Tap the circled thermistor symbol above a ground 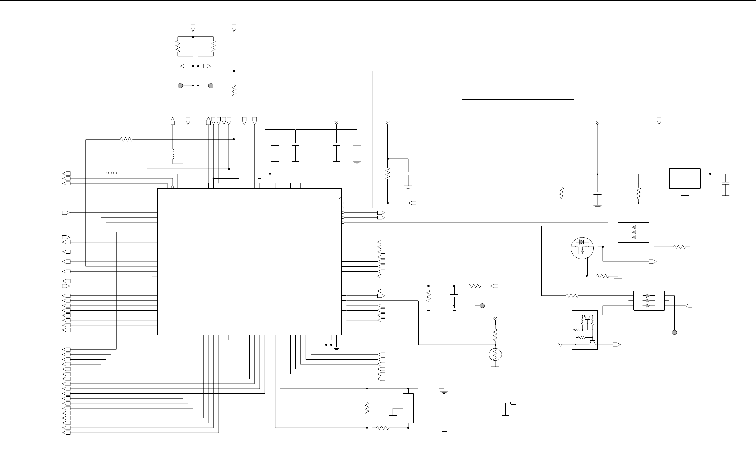[495, 355]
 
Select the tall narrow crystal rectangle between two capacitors [408, 408]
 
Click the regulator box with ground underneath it [685, 178]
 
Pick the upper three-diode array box [633, 232]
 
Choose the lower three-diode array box [649, 300]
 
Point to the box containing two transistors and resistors [585, 329]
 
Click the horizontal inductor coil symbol [112, 173]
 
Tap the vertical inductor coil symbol [173, 154]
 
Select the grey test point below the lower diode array [674, 332]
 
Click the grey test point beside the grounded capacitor [482, 306]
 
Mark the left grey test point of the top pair [180, 86]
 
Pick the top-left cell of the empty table [488, 64]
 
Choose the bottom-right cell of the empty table [544, 106]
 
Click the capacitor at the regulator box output [725, 184]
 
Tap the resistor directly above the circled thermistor [495, 335]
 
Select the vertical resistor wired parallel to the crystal [367, 408]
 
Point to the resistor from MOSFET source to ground [603, 276]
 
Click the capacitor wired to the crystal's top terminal [429, 388]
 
